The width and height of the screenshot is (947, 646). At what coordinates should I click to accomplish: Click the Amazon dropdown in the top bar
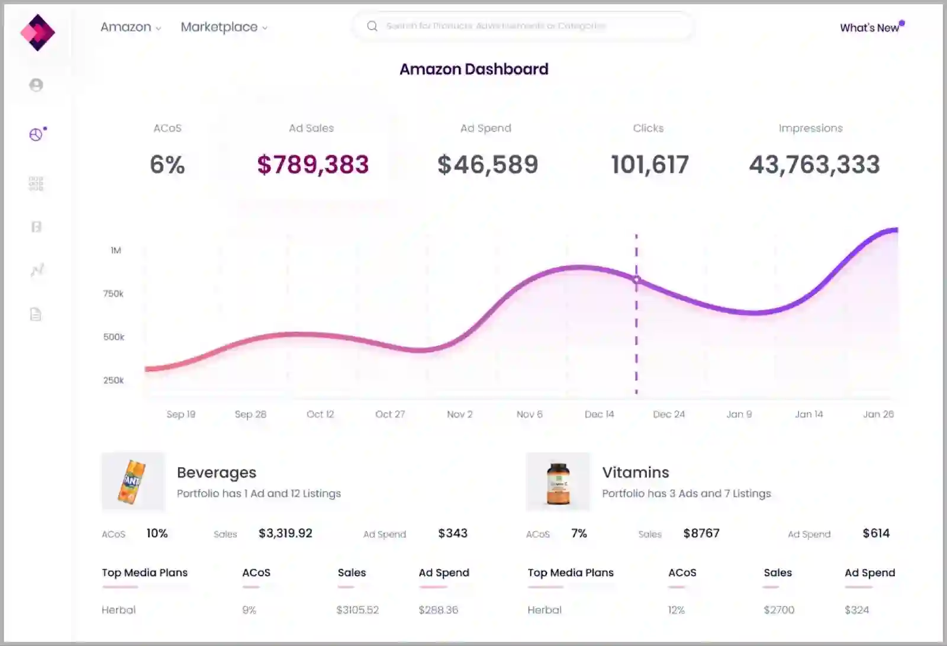[130, 27]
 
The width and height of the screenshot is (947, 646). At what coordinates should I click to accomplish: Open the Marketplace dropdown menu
[224, 27]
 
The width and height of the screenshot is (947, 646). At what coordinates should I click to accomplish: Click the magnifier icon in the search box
[372, 26]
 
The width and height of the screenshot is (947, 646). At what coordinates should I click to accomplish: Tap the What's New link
[869, 28]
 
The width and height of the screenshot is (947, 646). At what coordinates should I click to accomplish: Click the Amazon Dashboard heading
[474, 69]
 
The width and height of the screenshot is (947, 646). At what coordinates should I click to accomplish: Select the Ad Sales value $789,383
[313, 165]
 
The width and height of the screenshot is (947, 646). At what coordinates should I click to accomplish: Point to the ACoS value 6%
[167, 165]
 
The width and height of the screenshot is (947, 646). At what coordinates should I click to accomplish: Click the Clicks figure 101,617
[649, 165]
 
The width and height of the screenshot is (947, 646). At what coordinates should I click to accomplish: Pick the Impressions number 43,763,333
[814, 165]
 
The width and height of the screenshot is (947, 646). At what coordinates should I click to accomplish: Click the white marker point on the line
[636, 279]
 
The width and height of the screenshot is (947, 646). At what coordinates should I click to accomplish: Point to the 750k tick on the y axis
[114, 294]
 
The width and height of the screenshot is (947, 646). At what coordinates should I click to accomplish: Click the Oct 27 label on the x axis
[390, 414]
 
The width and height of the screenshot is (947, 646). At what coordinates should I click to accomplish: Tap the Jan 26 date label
[878, 414]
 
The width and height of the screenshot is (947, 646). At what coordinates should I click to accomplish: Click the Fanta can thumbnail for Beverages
[133, 482]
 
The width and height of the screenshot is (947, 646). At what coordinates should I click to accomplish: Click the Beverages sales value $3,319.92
[285, 533]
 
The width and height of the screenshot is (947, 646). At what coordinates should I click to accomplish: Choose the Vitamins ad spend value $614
[876, 533]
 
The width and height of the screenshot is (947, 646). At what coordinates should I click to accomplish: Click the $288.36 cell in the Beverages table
[438, 610]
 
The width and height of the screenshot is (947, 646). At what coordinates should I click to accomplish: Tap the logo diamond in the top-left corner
[37, 33]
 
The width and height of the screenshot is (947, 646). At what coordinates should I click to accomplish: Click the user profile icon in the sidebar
[36, 85]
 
